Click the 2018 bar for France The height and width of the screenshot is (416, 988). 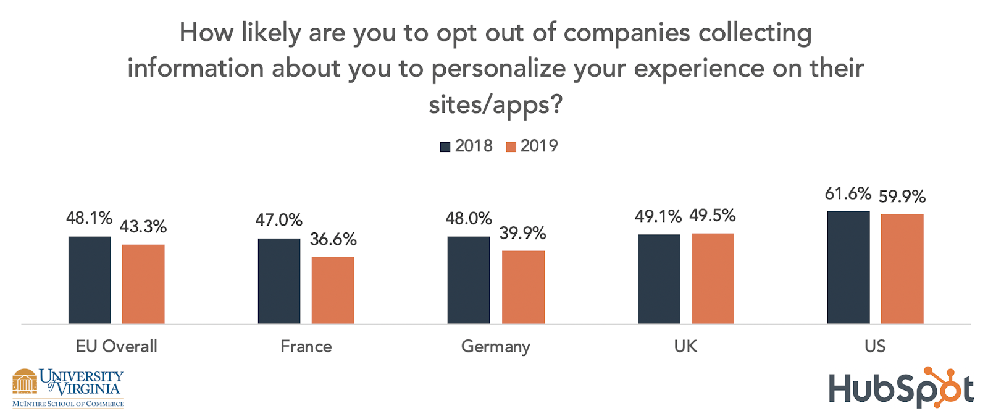coord(279,281)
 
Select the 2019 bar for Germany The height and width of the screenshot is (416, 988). coord(523,287)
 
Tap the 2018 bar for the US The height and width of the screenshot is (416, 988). coord(848,267)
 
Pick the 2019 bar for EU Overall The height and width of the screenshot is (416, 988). coord(143,284)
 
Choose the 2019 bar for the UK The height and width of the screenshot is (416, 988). coord(713,278)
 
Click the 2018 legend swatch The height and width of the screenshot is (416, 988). coord(445,147)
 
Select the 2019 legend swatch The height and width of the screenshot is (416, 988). coord(511,147)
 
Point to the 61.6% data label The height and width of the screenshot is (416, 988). coord(848,194)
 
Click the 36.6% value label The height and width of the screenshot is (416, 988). coord(333,239)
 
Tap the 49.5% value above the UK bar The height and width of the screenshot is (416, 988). coord(713,216)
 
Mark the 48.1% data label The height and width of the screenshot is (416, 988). coord(89,218)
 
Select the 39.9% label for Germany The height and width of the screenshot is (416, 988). coord(522,233)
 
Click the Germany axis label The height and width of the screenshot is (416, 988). coord(495,347)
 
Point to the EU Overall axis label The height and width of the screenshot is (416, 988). coord(117,346)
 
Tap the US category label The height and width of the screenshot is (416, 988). coord(875,346)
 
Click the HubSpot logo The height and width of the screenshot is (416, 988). coord(901,389)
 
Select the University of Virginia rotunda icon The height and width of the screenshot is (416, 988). coord(25,381)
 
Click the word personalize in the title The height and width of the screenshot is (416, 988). coord(498,69)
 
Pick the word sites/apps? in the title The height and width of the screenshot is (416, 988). coord(495,105)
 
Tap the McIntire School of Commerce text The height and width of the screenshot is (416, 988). coord(68,404)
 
